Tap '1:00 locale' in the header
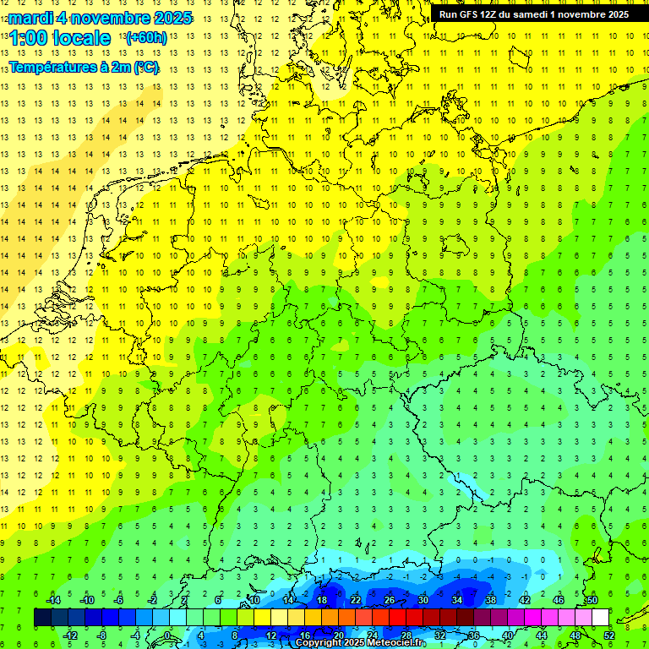click(60, 38)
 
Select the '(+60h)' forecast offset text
click(145, 38)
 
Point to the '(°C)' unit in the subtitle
click(145, 68)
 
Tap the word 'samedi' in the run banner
click(543, 14)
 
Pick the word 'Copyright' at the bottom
click(320, 643)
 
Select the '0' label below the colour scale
click(167, 635)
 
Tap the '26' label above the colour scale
click(389, 600)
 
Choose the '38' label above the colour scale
click(490, 600)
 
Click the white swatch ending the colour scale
click(600, 618)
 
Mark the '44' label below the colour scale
click(540, 635)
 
